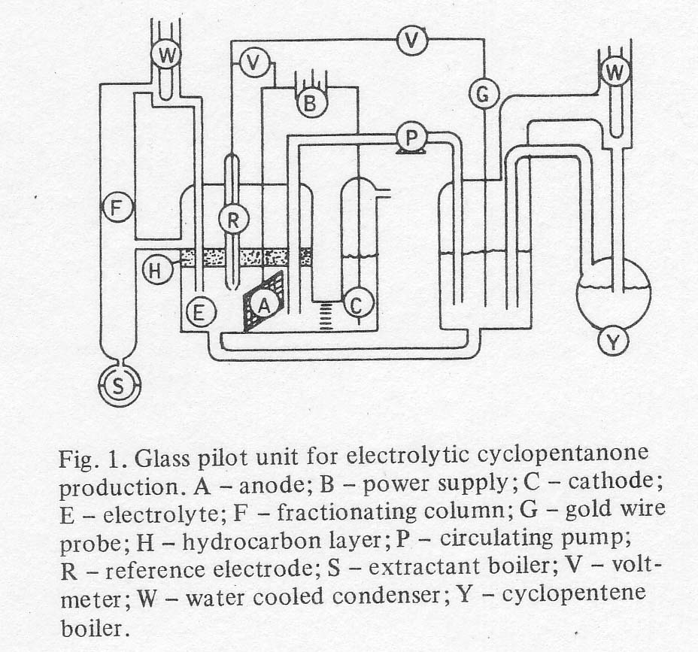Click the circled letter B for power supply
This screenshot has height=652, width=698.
click(x=308, y=103)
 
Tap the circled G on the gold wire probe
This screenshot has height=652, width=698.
click(x=484, y=94)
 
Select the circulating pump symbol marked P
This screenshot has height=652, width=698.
click(x=411, y=138)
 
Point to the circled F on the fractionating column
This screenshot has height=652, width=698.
click(x=116, y=207)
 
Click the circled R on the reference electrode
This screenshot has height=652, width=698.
click(x=233, y=220)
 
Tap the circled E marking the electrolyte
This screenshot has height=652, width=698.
click(x=199, y=313)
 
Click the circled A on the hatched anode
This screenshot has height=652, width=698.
click(x=263, y=304)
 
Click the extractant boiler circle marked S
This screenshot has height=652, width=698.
click(x=117, y=387)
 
